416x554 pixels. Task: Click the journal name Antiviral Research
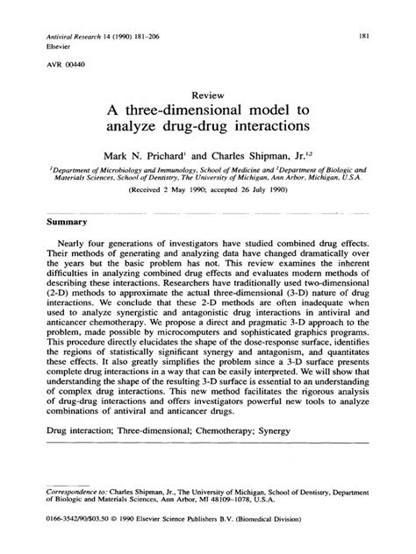70,35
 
